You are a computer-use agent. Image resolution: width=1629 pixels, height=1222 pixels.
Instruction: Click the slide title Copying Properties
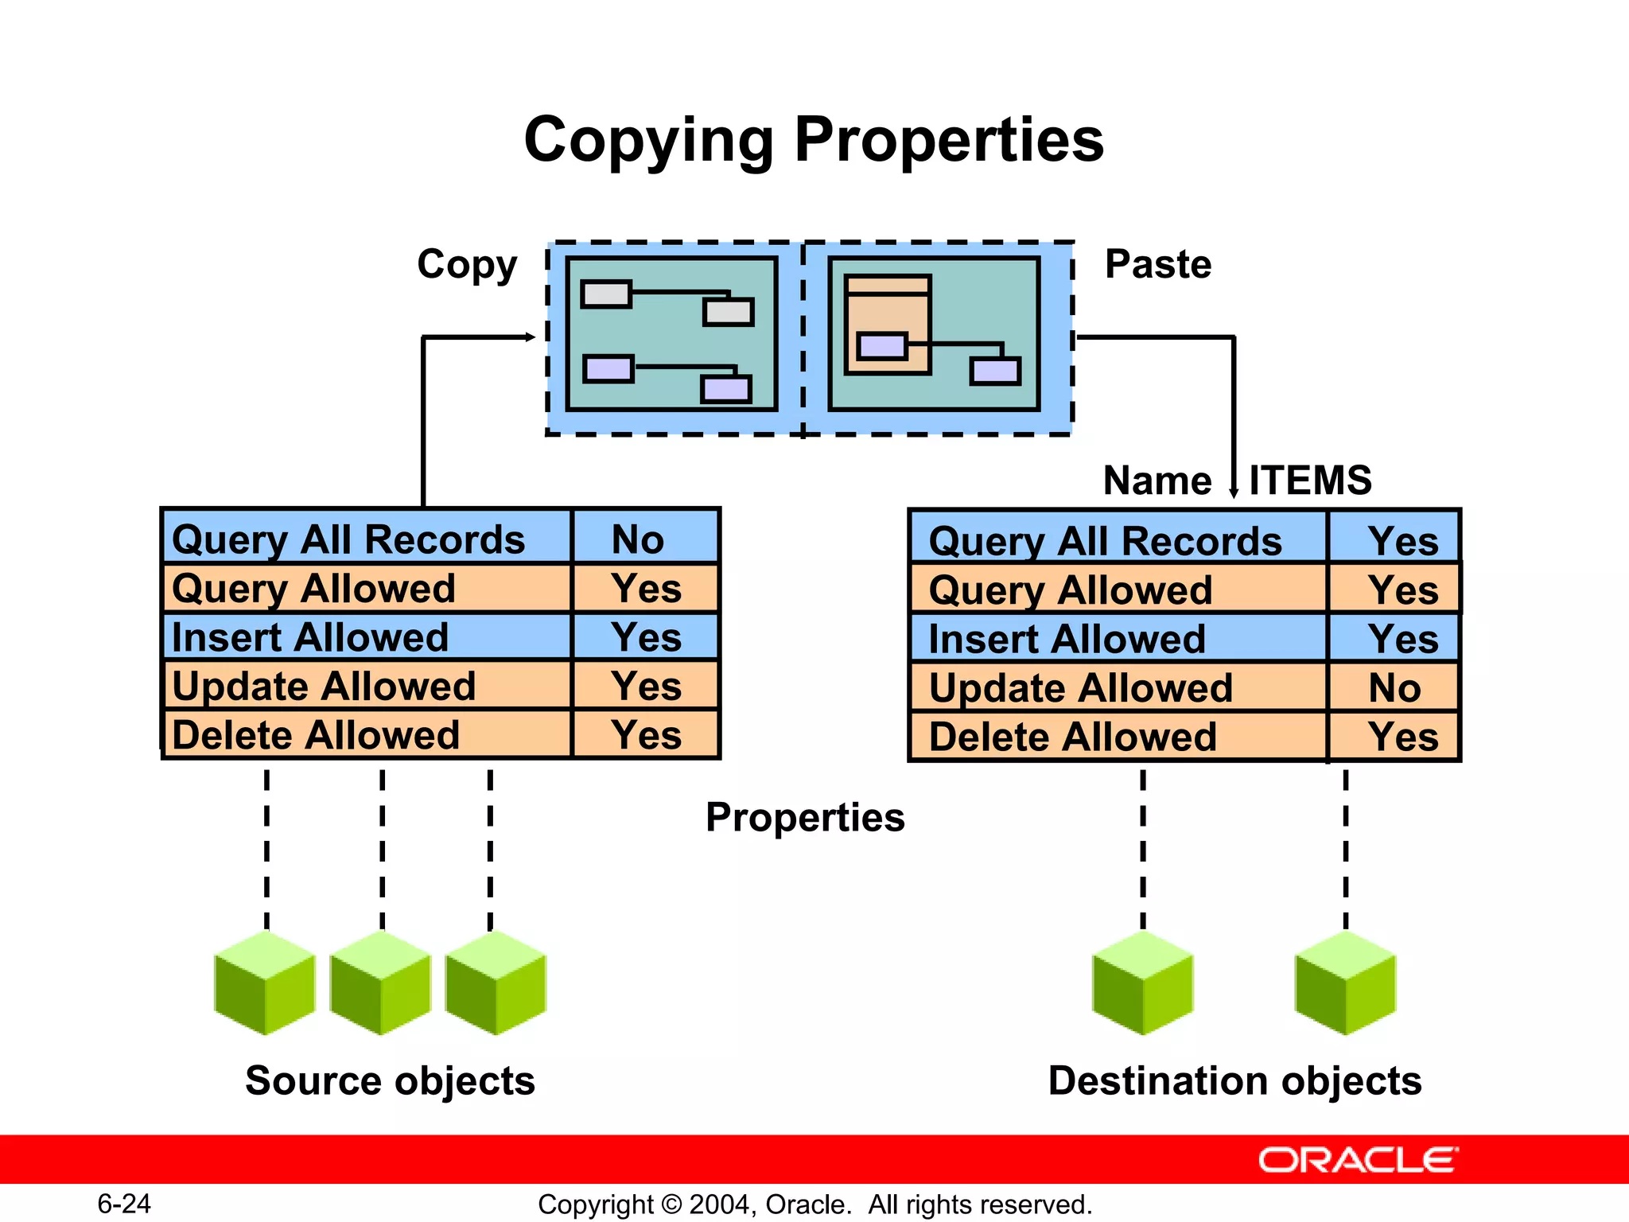pos(814,140)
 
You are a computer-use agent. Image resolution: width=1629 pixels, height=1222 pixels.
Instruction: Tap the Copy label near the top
pos(467,264)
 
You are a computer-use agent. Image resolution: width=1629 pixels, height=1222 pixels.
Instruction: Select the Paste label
pos(1158,264)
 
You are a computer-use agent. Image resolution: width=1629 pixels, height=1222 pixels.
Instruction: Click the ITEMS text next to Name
pos(1310,481)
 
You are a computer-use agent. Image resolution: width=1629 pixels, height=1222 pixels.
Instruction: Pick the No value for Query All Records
pos(638,539)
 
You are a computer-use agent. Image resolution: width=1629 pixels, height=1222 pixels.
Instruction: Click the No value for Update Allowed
pos(1394,688)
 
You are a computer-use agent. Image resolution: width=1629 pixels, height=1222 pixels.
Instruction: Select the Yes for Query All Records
pos(1403,541)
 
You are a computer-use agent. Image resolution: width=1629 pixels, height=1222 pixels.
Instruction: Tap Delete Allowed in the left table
pos(316,735)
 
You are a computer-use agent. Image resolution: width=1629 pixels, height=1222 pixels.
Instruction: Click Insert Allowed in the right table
pos(1067,639)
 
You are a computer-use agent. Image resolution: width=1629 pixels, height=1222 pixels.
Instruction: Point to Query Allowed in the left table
pos(313,589)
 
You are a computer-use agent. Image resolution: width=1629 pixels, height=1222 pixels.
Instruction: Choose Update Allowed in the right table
pos(1080,688)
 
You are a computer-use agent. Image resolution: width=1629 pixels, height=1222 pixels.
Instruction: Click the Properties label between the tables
pos(805,818)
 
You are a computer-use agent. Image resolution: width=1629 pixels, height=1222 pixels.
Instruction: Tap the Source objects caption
pos(390,1080)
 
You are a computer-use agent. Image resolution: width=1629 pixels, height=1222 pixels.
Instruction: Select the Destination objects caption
pos(1234,1080)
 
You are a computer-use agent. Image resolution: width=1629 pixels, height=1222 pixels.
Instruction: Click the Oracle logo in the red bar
pos(1358,1160)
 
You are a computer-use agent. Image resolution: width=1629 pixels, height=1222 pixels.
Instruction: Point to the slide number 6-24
pos(124,1204)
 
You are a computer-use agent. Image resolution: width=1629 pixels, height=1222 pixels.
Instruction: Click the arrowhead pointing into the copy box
pos(531,337)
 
